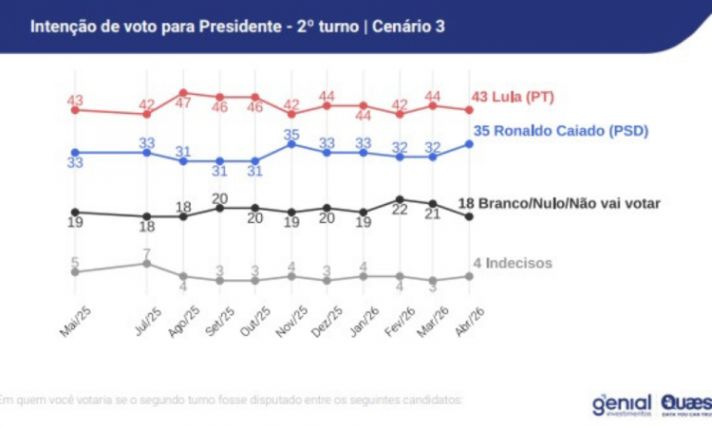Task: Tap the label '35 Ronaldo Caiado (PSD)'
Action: tap(559, 131)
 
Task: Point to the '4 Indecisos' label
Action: tap(512, 263)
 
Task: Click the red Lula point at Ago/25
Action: tap(183, 93)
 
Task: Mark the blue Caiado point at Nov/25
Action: tap(291, 143)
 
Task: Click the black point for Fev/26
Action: tap(400, 199)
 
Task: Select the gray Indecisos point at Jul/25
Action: tap(147, 263)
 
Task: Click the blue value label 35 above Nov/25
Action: tap(291, 132)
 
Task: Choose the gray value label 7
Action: tap(147, 251)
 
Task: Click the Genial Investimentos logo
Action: tap(623, 403)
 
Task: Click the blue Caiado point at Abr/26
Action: tap(469, 143)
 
